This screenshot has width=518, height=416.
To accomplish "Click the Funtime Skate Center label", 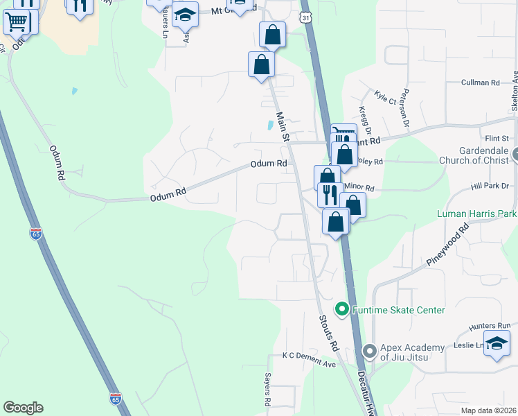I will coord(399,310).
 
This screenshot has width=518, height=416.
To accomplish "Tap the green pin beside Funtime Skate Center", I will coord(341,309).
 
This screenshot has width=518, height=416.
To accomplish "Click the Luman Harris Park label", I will coord(477,214).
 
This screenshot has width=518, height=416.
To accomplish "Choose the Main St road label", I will coord(282,128).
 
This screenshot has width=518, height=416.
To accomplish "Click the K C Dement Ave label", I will coord(309,355).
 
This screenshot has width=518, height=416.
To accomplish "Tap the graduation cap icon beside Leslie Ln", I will coord(497,344).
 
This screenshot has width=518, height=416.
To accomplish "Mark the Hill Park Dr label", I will coord(490,187).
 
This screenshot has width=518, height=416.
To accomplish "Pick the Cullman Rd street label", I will coord(481,83).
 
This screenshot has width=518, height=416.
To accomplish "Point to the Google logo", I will coord(23,408).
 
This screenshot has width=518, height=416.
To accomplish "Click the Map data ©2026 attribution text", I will coord(488,410).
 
